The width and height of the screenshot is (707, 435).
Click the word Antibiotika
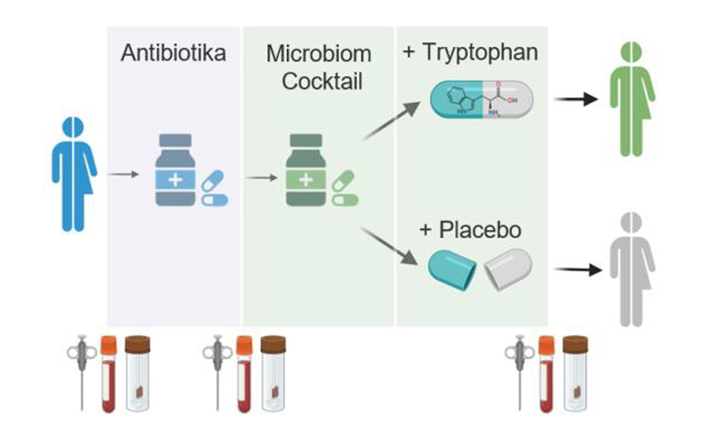point(173,53)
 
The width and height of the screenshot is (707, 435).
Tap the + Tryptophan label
point(470,51)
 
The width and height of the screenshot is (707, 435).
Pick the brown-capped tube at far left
point(137,375)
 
